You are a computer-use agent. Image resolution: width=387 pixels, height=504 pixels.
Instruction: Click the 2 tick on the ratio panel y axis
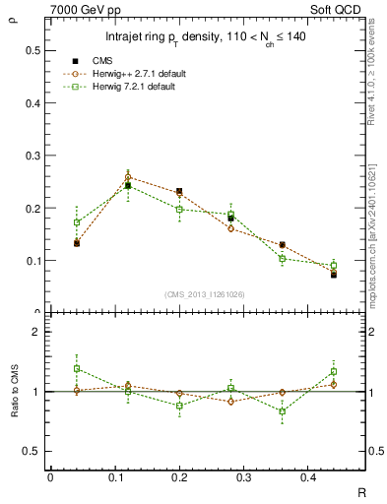coord(36,333)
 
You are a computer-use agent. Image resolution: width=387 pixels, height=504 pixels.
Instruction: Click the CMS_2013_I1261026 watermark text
coord(205,294)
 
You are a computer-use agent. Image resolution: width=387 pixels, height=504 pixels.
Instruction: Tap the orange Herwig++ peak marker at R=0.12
coord(128,177)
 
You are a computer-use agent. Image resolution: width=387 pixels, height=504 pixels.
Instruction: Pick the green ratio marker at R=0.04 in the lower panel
coord(77,368)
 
